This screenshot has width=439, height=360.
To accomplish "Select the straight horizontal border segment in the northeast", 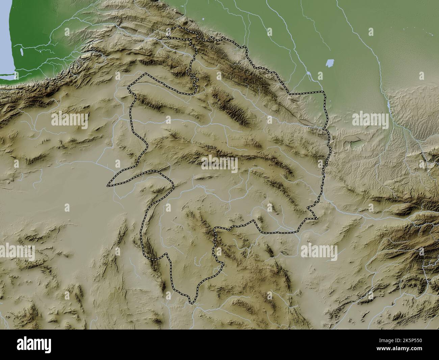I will tap(307, 92).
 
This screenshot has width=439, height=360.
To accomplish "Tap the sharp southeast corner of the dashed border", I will tap(316, 219).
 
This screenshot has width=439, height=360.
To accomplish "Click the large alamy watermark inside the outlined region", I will tap(219, 164).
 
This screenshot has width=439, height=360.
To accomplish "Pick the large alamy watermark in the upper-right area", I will tap(370, 119).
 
